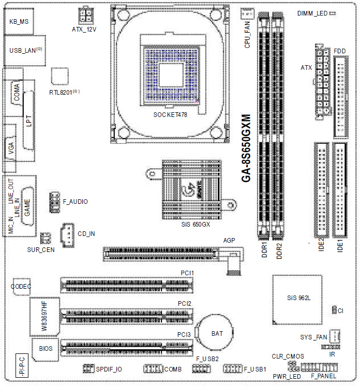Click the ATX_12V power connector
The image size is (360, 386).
tap(86, 15)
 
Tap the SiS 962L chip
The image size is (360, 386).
tap(297, 300)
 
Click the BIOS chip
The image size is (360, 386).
tap(46, 350)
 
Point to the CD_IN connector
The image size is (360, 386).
tap(67, 235)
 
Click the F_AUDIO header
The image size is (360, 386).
tap(55, 202)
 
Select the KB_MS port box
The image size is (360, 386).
tap(19, 21)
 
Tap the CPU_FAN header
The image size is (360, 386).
tap(247, 14)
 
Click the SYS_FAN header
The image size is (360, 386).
tap(335, 336)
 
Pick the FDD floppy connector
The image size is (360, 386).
tap(341, 97)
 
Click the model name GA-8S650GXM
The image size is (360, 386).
tap(246, 148)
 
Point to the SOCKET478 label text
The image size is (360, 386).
tap(170, 115)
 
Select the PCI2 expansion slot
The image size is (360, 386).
tap(127, 317)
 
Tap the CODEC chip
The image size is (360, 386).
tap(22, 287)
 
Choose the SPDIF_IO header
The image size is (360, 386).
tap(88, 368)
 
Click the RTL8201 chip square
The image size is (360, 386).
tap(60, 76)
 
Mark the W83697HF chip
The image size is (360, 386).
tap(45, 317)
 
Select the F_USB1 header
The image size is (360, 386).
tap(233, 368)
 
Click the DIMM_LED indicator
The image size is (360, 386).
tap(332, 13)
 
